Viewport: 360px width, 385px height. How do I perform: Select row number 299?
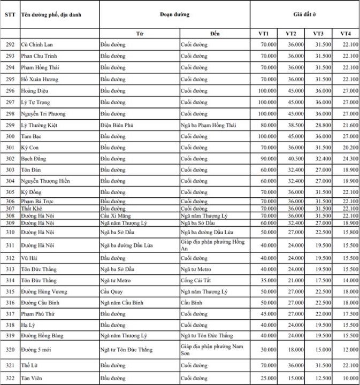pos(10,125)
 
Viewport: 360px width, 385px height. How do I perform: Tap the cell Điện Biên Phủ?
pos(117,125)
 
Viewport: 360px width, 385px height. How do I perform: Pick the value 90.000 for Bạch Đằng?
pos(268,159)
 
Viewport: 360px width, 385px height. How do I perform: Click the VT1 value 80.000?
pos(268,125)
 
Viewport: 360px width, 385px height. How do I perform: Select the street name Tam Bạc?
pos(32,136)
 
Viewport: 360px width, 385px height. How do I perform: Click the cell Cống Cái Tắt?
pos(197,280)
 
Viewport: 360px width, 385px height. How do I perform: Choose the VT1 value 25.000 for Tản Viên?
pos(268,379)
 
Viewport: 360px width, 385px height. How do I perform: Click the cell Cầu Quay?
pos(111,291)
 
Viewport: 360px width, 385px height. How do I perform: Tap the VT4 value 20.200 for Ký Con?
pos(350,148)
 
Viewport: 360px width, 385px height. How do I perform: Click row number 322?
pos(10,379)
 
